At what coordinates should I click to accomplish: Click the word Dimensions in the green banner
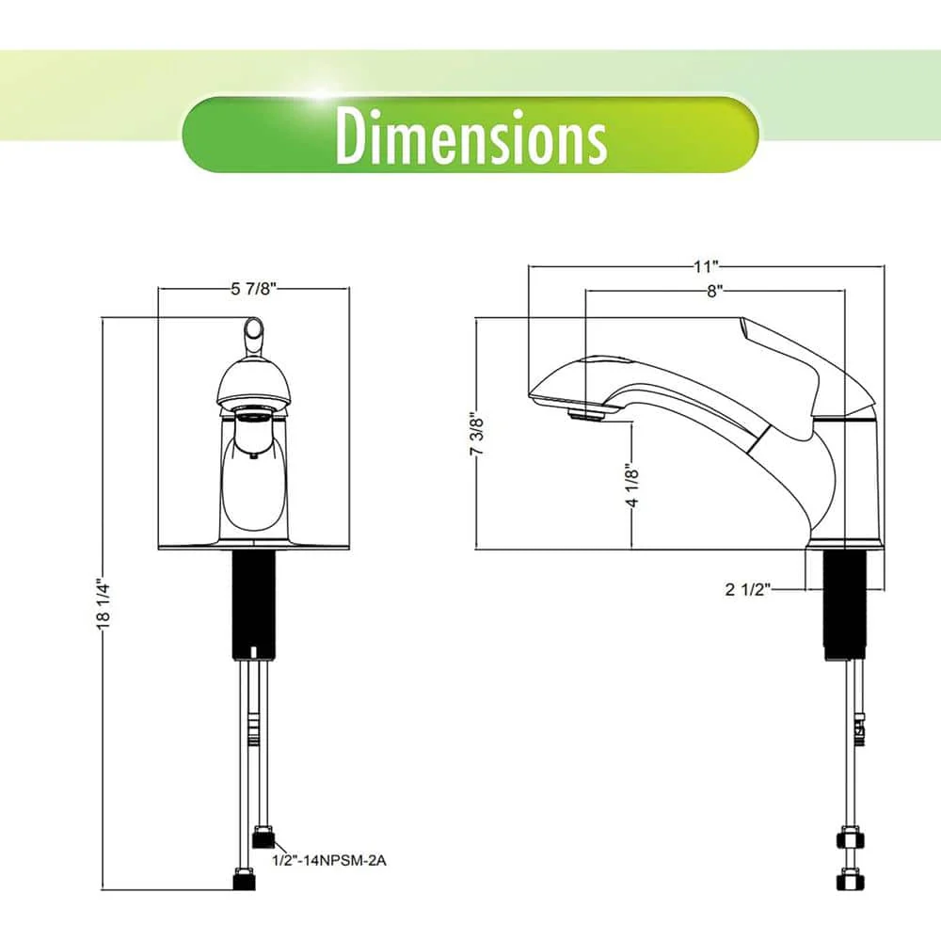[x=471, y=136]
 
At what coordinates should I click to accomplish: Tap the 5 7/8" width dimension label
[x=253, y=289]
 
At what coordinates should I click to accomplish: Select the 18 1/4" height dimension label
[x=104, y=603]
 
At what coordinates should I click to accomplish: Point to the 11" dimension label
[x=707, y=266]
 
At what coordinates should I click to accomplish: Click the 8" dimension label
[x=713, y=292]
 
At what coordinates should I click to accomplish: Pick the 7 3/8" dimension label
[x=476, y=433]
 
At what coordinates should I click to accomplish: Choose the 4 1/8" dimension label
[x=632, y=485]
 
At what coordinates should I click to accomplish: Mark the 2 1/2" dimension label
[x=747, y=589]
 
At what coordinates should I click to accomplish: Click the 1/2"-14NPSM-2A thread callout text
[x=329, y=861]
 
